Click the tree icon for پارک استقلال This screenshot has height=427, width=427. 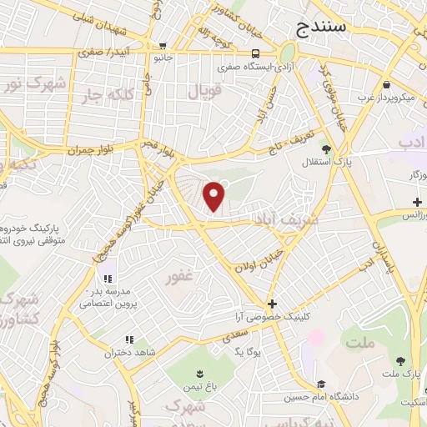point(326,149)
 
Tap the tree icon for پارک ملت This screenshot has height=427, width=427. point(401,361)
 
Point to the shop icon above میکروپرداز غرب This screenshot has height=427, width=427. point(387,84)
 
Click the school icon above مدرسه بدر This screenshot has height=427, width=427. point(106,279)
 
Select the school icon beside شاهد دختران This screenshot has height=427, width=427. point(128,339)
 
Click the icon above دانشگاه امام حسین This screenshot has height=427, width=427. point(318,384)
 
